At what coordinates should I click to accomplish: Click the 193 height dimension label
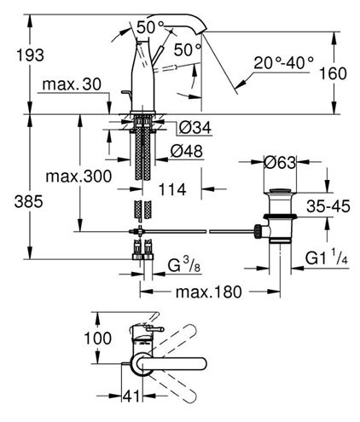[x=30, y=55]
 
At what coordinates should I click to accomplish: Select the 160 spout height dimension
[x=333, y=73]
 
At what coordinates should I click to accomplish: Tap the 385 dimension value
[x=29, y=202]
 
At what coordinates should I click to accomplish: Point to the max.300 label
[x=78, y=176]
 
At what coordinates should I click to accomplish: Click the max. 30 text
[x=72, y=84]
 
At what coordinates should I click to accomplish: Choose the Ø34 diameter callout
[x=195, y=127]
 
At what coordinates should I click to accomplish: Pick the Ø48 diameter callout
[x=187, y=151]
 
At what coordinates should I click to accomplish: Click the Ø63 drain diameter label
[x=280, y=163]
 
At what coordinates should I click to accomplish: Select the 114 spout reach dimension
[x=171, y=189]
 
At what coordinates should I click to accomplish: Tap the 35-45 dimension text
[x=328, y=206]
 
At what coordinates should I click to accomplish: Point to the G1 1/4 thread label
[x=327, y=257]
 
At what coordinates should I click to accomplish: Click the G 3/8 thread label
[x=183, y=265]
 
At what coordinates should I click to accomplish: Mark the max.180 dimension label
[x=209, y=292]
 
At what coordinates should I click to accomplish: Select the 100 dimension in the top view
[x=97, y=338]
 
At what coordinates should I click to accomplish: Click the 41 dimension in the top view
[x=131, y=396]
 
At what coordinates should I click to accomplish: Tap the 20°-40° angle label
[x=283, y=63]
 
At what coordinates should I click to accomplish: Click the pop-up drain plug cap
[x=280, y=191]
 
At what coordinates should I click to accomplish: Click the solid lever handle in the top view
[x=170, y=364]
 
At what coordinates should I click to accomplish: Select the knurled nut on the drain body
[x=258, y=231]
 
